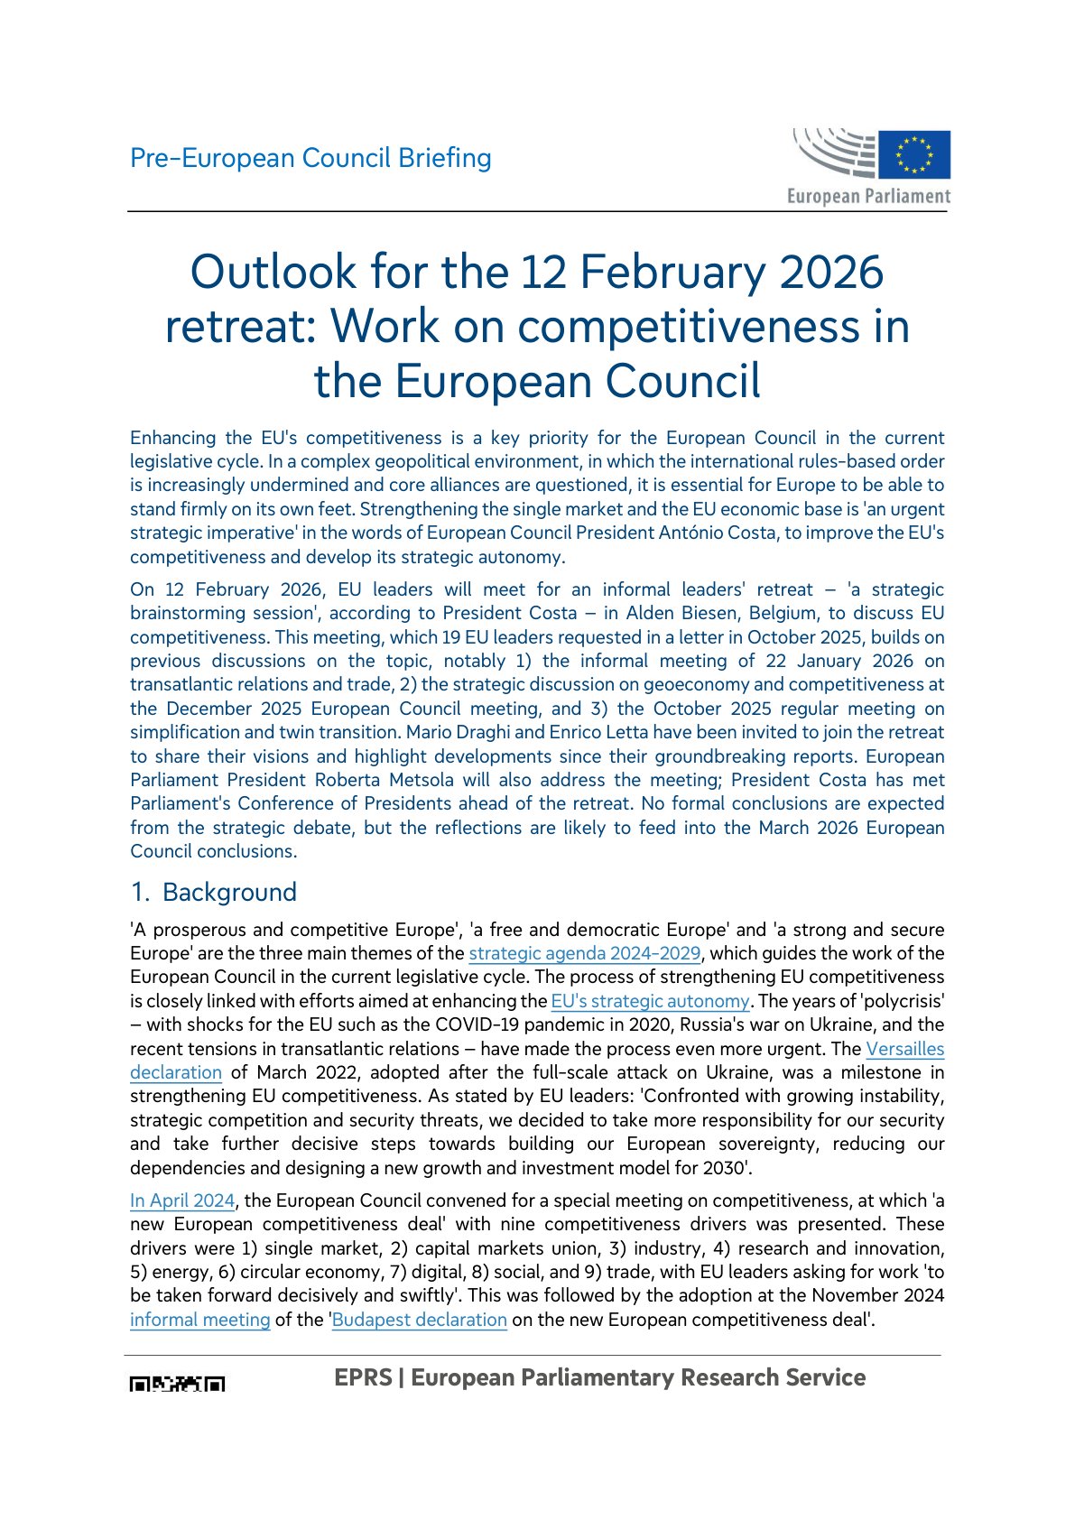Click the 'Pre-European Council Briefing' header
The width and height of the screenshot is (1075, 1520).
[310, 158]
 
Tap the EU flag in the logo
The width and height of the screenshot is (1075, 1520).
[914, 154]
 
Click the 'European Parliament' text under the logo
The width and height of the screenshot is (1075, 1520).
[868, 196]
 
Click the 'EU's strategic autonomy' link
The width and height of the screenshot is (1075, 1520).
[650, 1001]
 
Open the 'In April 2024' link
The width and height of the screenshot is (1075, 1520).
[182, 1200]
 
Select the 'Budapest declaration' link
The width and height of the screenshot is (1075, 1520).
[420, 1320]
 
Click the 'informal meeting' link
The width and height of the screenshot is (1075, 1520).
[200, 1320]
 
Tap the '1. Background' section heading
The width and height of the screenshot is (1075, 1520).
[214, 893]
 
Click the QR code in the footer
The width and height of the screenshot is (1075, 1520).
[178, 1384]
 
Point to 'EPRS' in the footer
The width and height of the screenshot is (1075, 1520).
[363, 1377]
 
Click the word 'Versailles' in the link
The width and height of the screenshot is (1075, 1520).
[904, 1049]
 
